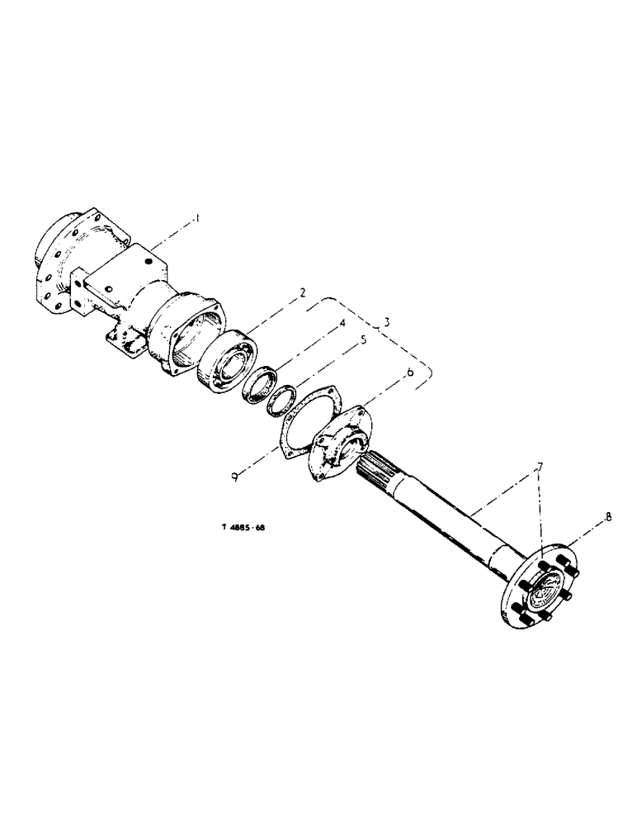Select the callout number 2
(x=303, y=291)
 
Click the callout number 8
(x=608, y=518)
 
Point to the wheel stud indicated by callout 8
(x=569, y=566)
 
